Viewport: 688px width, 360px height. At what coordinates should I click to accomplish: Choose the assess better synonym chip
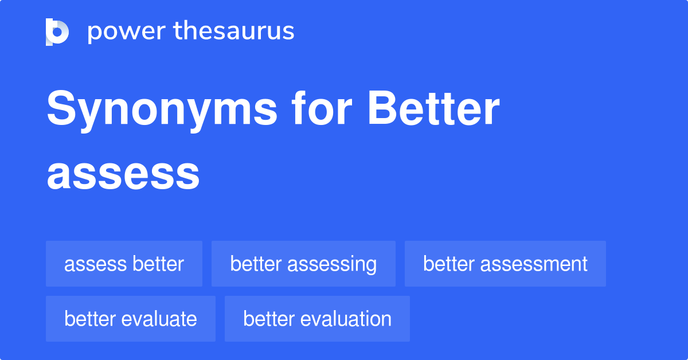pos(124,264)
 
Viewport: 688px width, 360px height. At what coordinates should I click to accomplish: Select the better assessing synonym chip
pos(303,264)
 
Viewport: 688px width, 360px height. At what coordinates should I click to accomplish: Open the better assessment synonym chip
pos(505,264)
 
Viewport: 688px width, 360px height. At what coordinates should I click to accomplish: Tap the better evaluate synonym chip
pos(131,319)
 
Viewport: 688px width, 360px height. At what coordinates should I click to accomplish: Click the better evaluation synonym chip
pos(317,319)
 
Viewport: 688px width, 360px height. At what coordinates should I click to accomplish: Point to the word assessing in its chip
pos(333,264)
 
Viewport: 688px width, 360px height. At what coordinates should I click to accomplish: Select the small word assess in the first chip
pos(95,264)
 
